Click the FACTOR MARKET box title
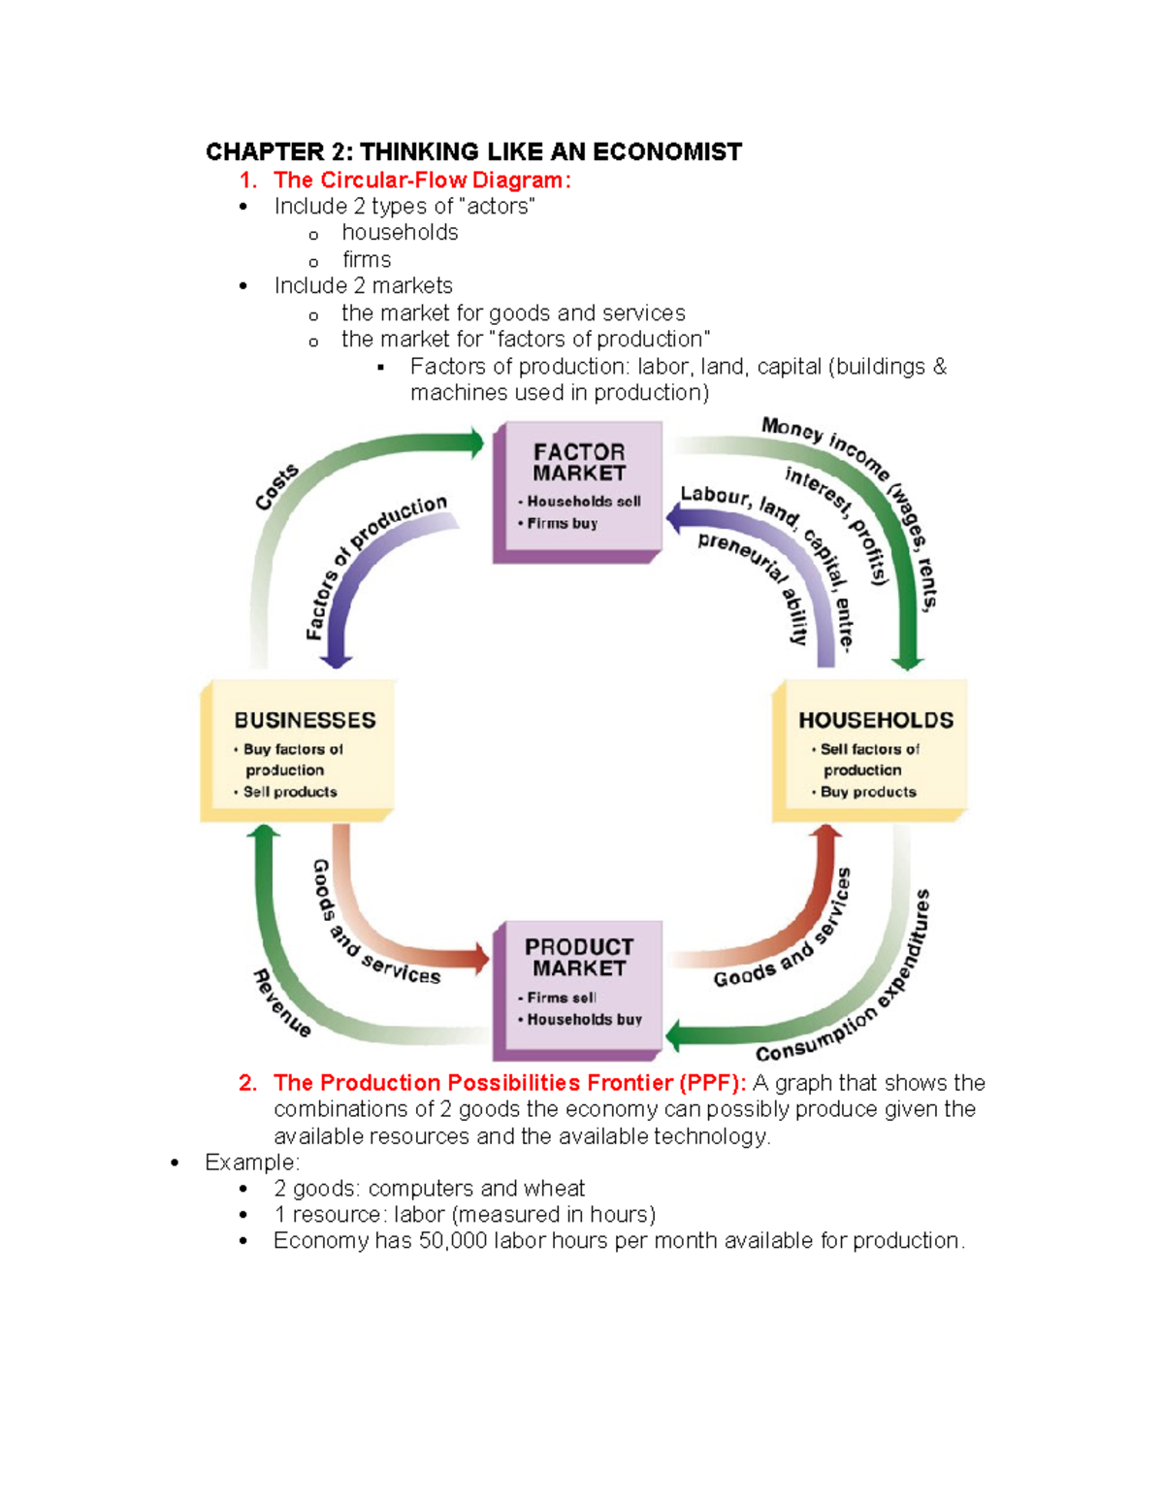click(x=579, y=463)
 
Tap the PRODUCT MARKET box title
click(x=579, y=957)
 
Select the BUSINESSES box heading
click(x=305, y=720)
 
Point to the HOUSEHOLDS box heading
click(x=876, y=720)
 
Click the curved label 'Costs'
click(x=276, y=487)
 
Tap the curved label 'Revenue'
click(x=282, y=1003)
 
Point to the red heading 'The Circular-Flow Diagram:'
click(x=422, y=180)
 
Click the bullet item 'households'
click(x=400, y=233)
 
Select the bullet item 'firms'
click(x=367, y=260)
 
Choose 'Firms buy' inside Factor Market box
click(x=563, y=523)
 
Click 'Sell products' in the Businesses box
click(x=290, y=792)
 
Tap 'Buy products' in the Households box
click(x=868, y=792)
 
